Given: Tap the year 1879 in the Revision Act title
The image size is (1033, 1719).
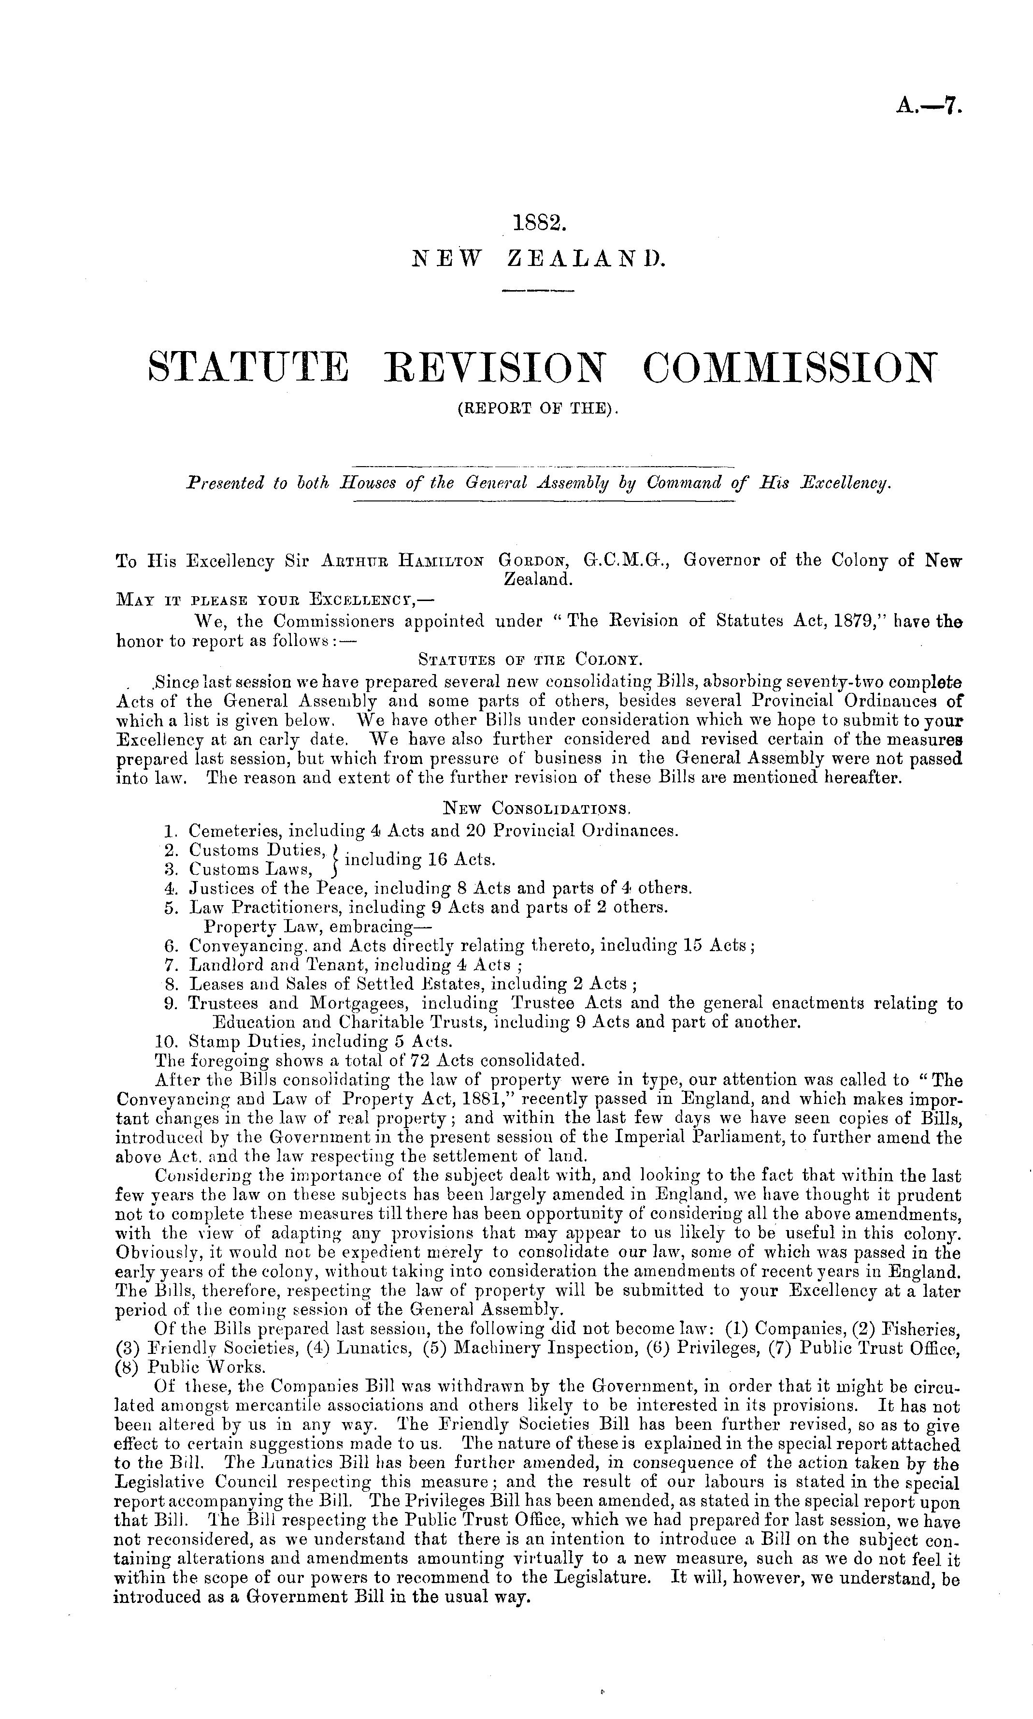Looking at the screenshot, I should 861,620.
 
